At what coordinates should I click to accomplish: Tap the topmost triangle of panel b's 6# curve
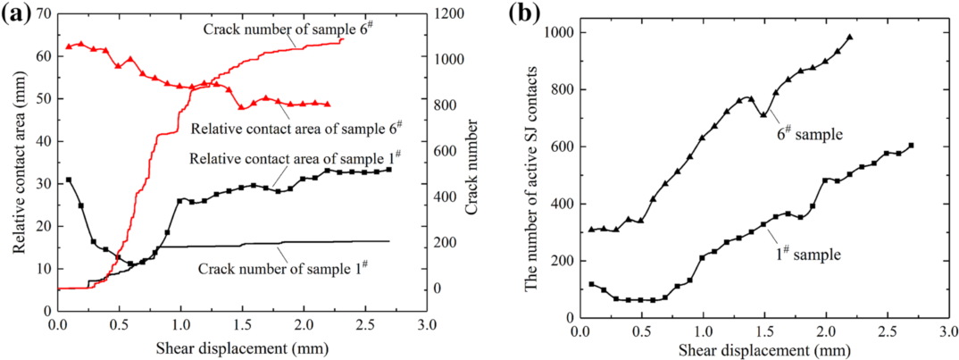(849, 38)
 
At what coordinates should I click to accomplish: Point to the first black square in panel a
(69, 180)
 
